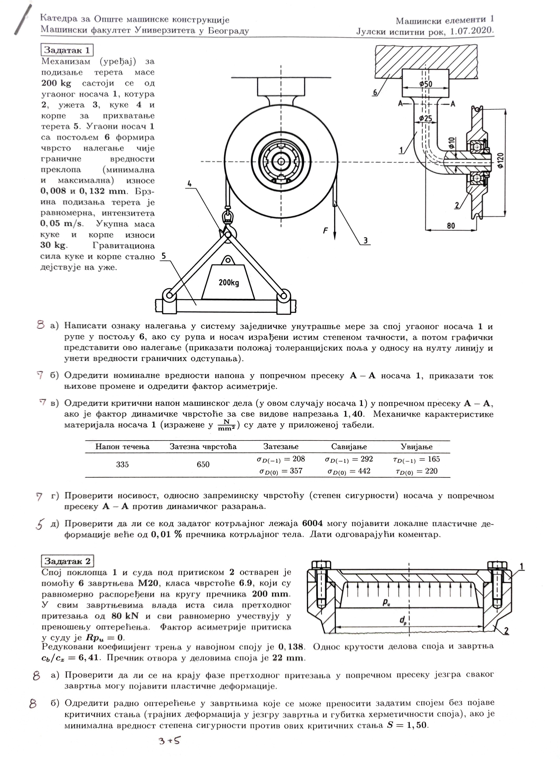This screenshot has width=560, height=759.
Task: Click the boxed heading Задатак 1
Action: click(x=67, y=50)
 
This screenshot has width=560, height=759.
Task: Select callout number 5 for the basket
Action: click(x=164, y=256)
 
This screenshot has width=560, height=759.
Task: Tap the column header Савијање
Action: click(x=349, y=447)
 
